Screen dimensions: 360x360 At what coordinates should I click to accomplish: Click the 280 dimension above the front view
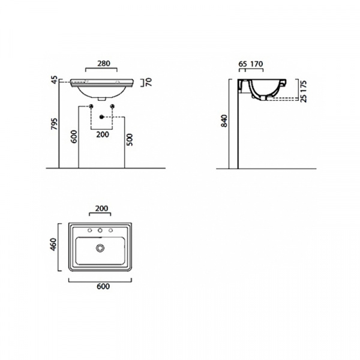pos(104,64)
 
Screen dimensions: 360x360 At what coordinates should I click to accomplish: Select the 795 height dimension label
pos(55,124)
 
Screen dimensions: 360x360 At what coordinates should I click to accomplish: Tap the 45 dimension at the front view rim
pos(55,80)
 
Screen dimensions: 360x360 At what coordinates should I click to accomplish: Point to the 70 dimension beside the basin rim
pos(149,82)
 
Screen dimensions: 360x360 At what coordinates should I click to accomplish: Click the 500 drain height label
pos(130,140)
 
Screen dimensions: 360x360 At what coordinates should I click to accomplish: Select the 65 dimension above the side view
pos(242,64)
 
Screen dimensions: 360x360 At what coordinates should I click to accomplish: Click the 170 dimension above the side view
pos(256,64)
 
